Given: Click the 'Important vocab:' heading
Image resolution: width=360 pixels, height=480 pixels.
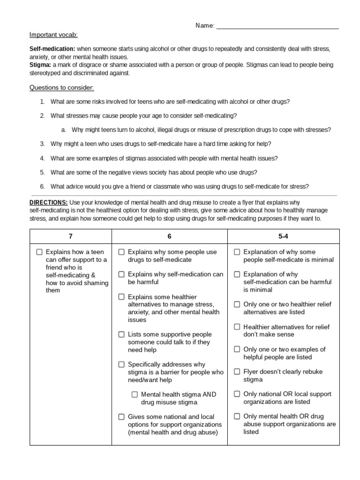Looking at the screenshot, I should tap(54, 35).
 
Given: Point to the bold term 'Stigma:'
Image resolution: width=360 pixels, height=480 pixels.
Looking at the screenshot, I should tap(40, 65).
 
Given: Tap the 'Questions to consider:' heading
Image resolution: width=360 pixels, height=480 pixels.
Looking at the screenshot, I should tap(62, 87).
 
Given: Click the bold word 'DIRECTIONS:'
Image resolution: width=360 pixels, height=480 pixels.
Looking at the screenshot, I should tap(49, 202).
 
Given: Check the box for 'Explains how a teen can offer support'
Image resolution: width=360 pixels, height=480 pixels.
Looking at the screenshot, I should tap(39, 252).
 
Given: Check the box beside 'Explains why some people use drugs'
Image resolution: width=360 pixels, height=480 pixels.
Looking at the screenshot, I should tap(121, 252).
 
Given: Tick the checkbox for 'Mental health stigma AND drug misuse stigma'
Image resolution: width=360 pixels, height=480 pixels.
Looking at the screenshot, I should tap(135, 395).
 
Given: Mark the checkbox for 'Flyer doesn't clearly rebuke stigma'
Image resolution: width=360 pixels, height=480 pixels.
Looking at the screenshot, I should tap(237, 372).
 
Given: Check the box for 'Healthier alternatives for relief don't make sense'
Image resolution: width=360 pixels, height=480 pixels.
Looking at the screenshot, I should tap(237, 327).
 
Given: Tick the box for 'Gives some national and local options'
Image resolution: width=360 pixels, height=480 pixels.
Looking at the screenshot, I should tap(121, 417).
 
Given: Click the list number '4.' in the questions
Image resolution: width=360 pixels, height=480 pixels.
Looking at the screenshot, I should tap(42, 158).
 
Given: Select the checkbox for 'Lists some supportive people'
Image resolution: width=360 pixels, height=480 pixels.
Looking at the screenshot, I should tap(121, 335).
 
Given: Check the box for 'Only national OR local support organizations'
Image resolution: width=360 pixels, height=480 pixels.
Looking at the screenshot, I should tap(237, 394).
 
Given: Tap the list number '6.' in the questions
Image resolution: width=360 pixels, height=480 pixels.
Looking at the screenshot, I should tap(42, 186).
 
